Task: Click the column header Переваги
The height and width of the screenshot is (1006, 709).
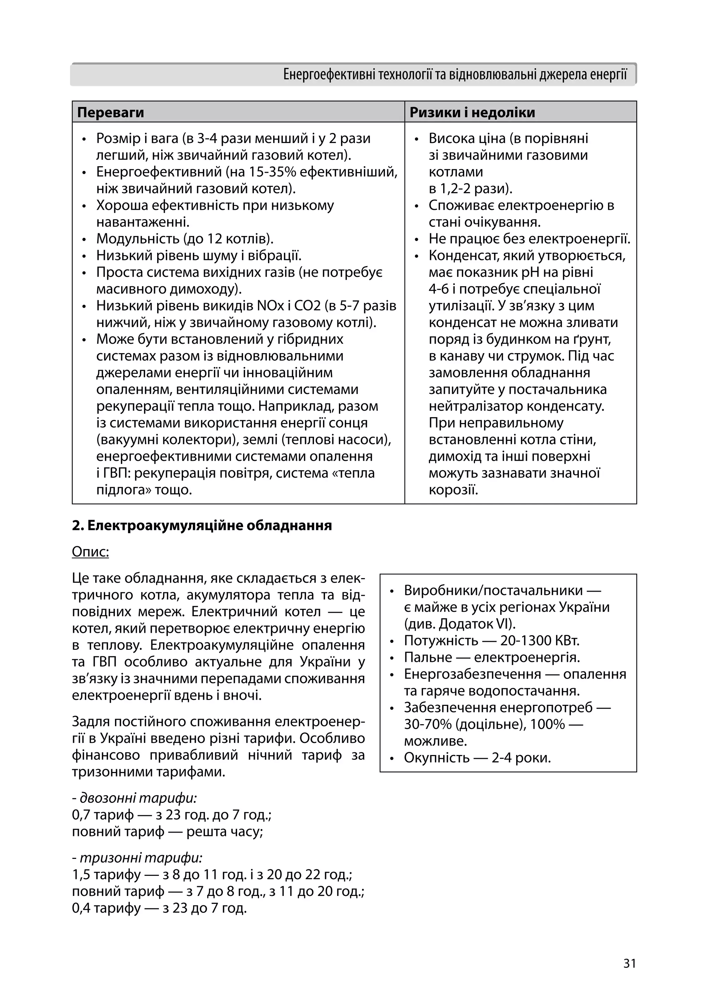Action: [110, 113]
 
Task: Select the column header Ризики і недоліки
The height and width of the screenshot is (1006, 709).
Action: [472, 113]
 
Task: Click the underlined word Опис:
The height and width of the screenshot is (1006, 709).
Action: [90, 551]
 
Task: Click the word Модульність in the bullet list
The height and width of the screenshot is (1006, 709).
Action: [137, 239]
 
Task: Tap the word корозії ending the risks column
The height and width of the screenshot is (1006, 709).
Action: [453, 489]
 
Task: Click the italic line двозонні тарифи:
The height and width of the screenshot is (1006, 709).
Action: [137, 798]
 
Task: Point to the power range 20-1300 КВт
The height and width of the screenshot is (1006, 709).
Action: [539, 640]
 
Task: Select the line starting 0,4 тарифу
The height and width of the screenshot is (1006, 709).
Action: [159, 908]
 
